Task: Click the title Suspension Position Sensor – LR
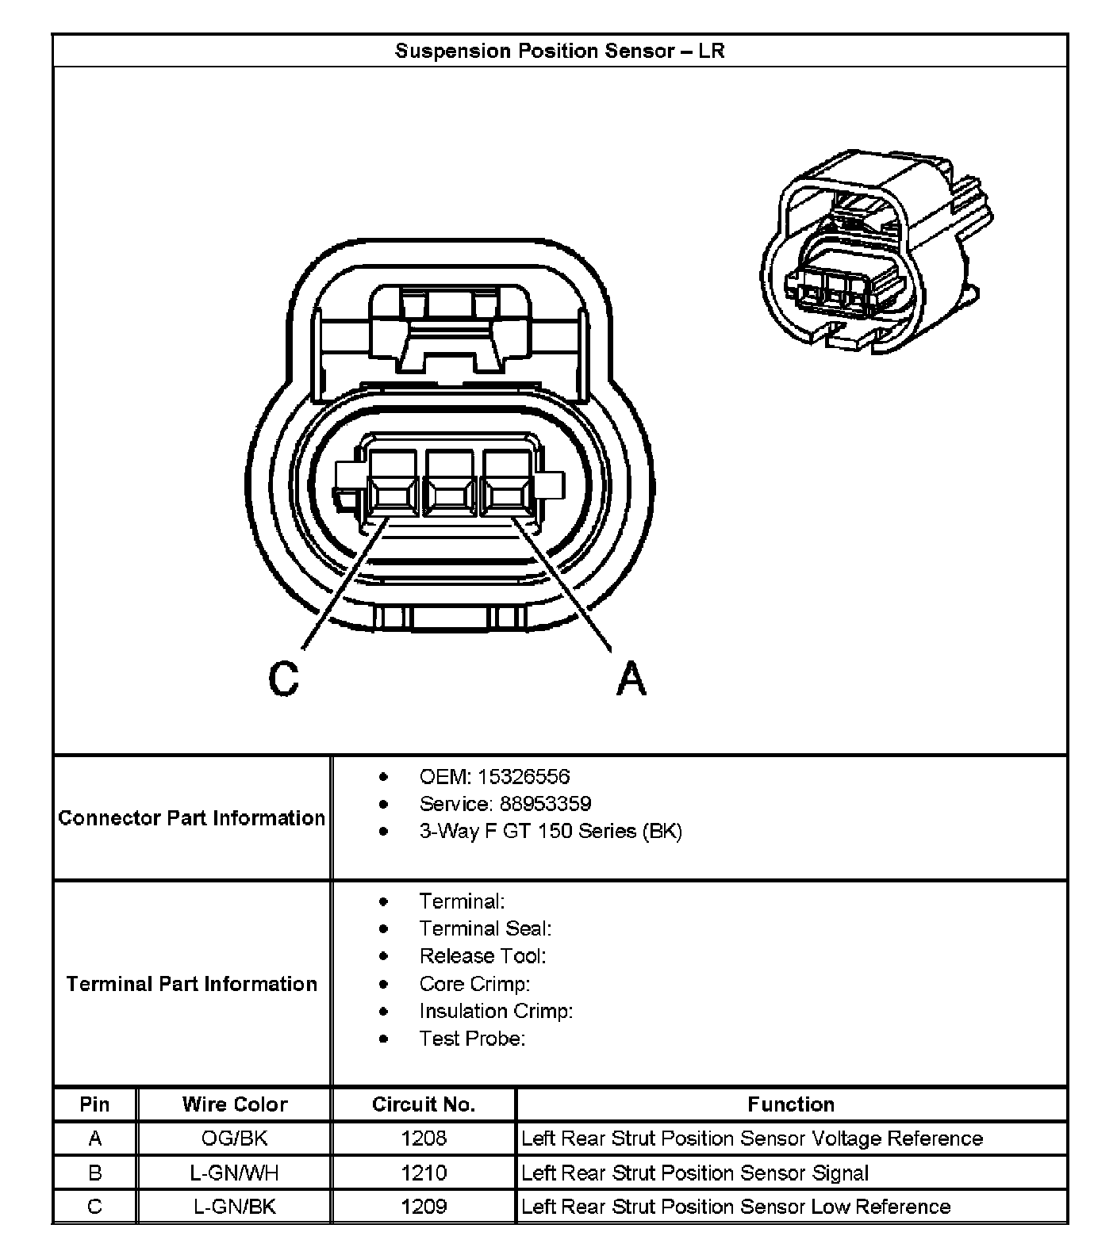[559, 52]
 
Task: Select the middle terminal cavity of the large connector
[451, 485]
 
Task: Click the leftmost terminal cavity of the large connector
[392, 485]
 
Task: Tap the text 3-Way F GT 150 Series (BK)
[550, 831]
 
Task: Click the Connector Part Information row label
[192, 818]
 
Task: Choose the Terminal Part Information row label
[192, 984]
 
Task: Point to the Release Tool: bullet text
[482, 956]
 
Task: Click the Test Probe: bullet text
[472, 1039]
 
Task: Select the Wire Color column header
[234, 1104]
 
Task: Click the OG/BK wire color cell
[234, 1138]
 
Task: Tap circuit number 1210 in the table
[424, 1173]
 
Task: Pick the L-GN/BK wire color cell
[234, 1207]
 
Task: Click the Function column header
[791, 1104]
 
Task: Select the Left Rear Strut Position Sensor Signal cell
[695, 1173]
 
